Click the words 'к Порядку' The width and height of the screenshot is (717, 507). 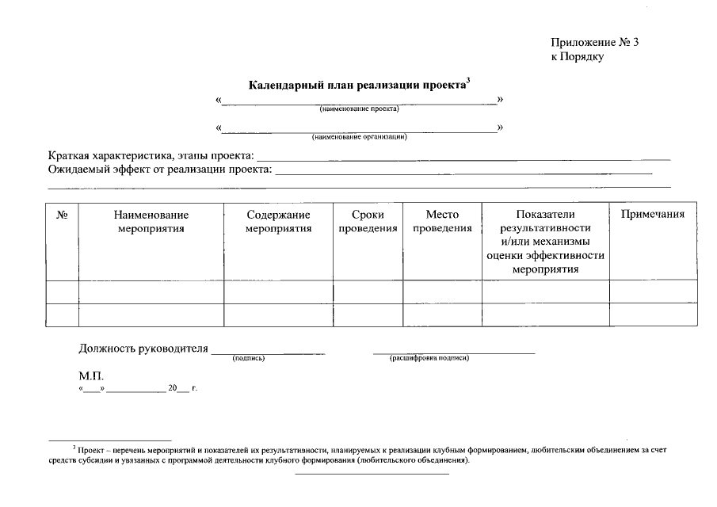click(578, 58)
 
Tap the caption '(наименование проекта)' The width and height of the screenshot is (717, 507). click(359, 109)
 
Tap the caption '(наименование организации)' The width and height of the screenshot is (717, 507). click(359, 136)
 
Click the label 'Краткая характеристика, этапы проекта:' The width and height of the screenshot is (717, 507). click(151, 154)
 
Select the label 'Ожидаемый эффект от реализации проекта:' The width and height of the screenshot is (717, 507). click(159, 169)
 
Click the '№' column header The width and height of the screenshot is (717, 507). click(63, 215)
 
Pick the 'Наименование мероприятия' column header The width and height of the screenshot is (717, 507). click(151, 222)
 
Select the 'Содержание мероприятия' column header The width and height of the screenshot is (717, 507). click(278, 222)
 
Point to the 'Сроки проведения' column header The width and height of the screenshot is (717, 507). click(368, 222)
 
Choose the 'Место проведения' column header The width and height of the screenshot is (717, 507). click(442, 222)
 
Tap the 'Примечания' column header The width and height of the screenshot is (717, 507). click(653, 215)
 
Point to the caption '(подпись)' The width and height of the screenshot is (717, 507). click(249, 358)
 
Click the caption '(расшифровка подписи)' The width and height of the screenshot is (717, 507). click(429, 358)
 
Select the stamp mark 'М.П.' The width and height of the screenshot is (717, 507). click(91, 376)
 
